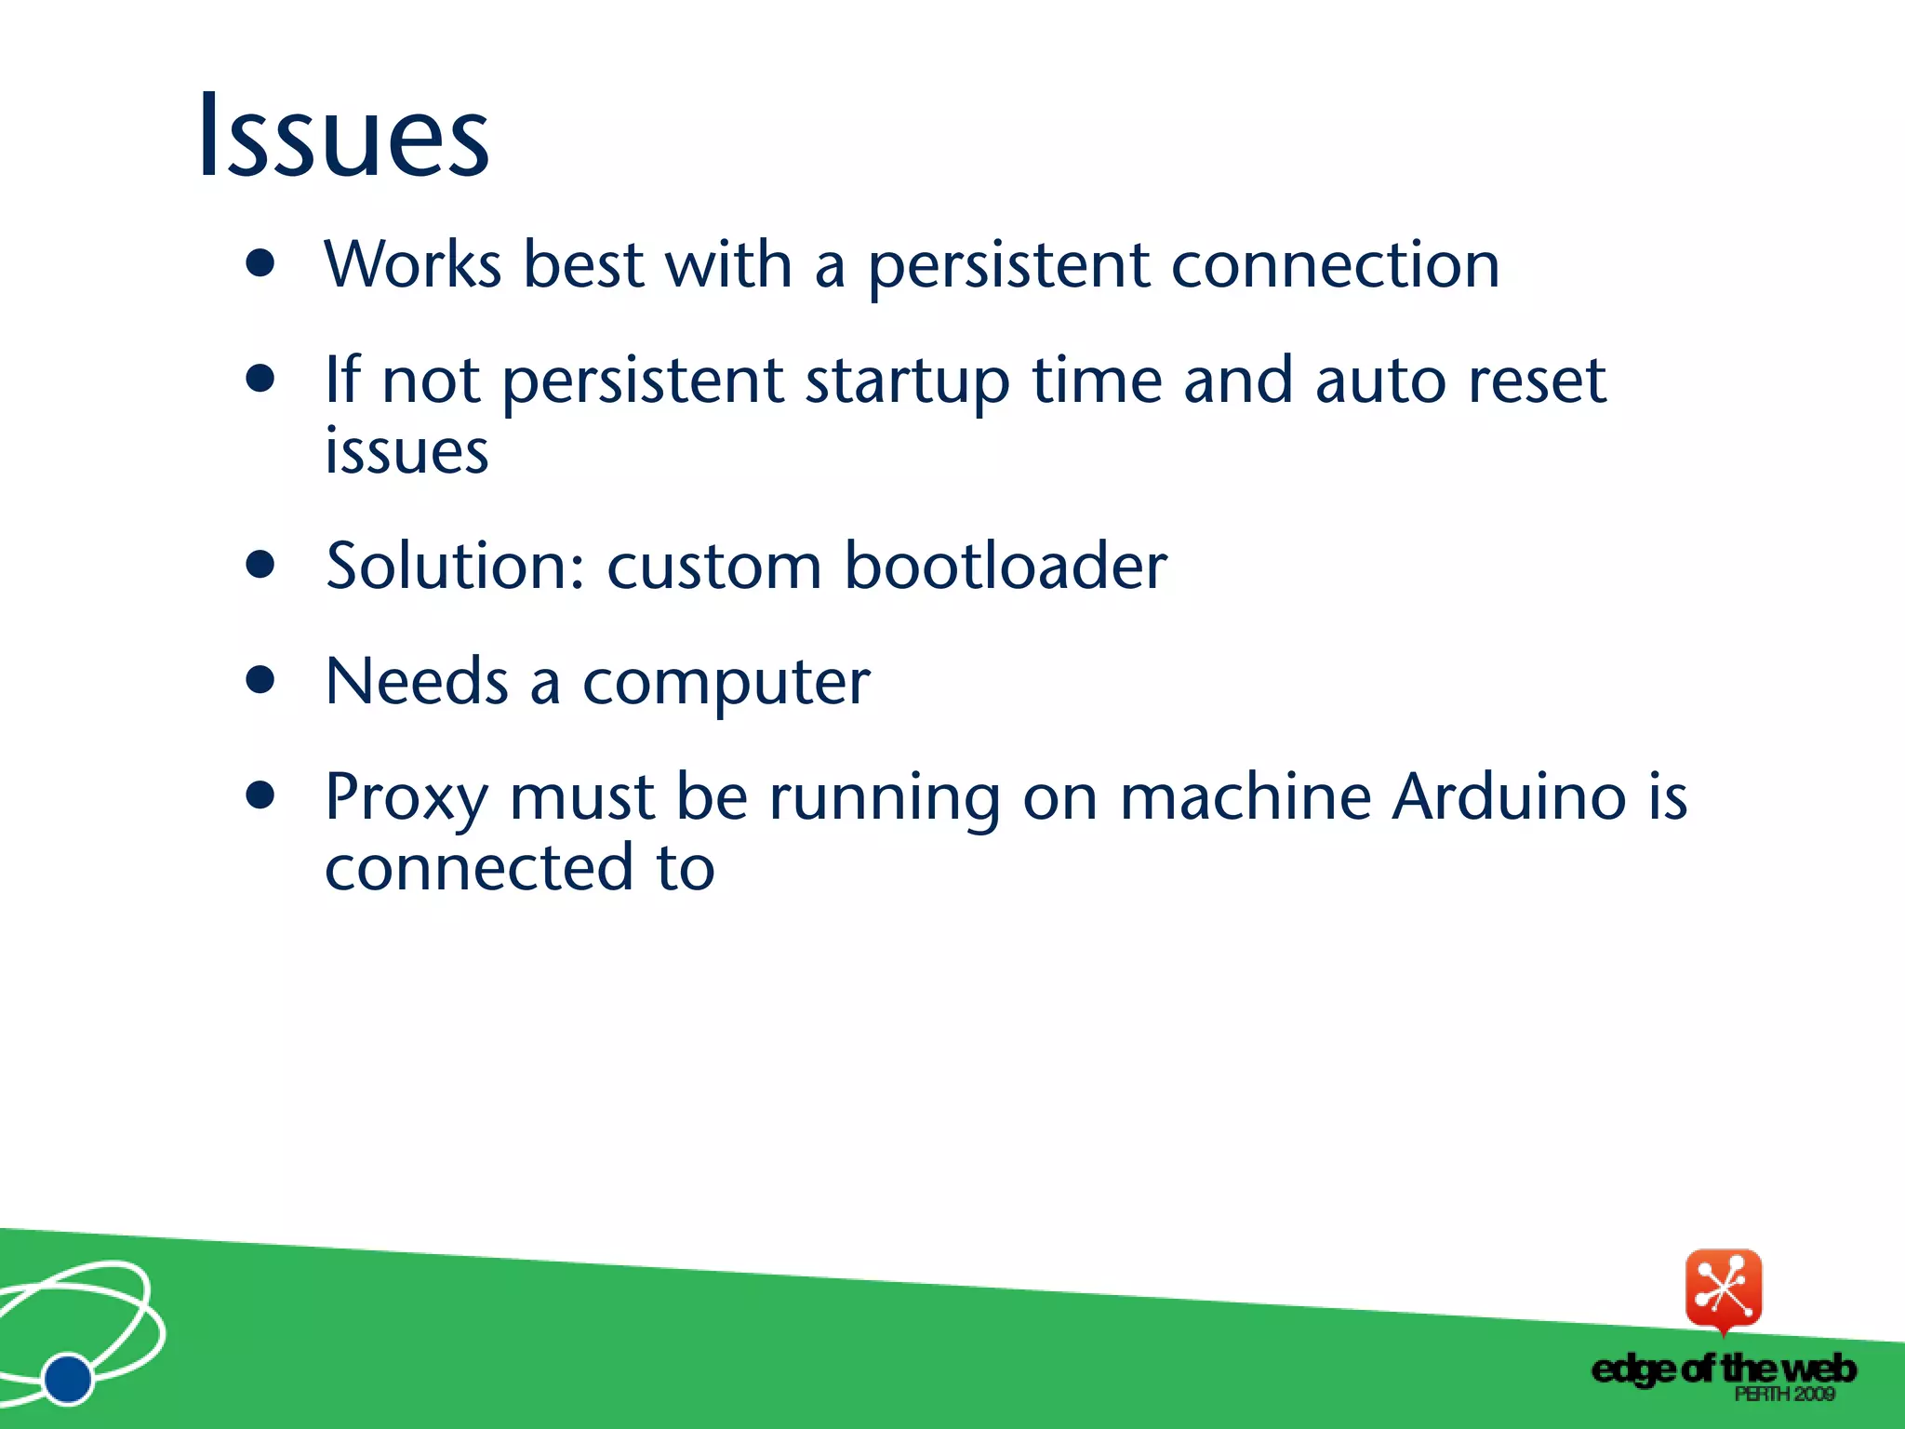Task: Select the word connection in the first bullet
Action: click(x=1335, y=264)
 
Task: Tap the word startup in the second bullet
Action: click(x=907, y=381)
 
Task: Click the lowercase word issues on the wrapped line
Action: click(x=406, y=451)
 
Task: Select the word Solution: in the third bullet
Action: click(x=455, y=566)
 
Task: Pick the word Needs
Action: click(x=416, y=681)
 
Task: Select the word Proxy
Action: click(x=406, y=798)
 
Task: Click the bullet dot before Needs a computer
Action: click(x=261, y=680)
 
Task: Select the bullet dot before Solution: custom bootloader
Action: click(x=261, y=565)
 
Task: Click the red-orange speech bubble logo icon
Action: click(x=1723, y=1289)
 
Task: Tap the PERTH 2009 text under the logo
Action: click(x=1783, y=1394)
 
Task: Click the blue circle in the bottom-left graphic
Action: click(x=68, y=1378)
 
